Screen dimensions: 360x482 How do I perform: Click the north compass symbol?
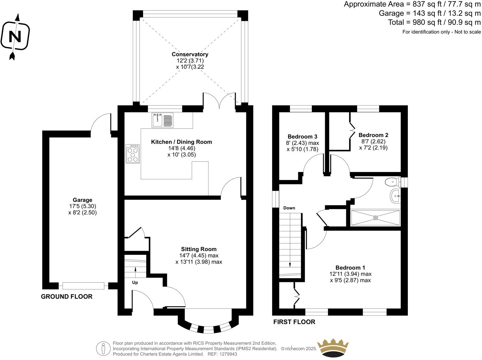(15, 36)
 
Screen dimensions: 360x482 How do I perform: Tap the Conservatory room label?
(190, 54)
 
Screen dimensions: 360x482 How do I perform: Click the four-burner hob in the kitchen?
(133, 154)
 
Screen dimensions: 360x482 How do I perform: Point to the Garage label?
(82, 200)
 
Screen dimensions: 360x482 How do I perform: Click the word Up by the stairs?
(135, 283)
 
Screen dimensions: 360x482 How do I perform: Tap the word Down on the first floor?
(289, 208)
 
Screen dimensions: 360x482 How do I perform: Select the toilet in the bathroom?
(392, 182)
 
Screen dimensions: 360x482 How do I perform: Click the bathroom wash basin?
(395, 197)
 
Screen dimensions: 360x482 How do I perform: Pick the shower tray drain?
(375, 218)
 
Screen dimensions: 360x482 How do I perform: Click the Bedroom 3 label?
(302, 137)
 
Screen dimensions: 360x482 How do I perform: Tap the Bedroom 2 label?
(373, 135)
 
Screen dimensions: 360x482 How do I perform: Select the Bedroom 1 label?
(350, 268)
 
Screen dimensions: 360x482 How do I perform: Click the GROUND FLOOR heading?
(67, 296)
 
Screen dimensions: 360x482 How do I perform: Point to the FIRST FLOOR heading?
(294, 322)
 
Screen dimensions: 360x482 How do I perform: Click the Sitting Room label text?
(199, 249)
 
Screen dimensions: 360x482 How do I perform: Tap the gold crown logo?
(333, 348)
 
